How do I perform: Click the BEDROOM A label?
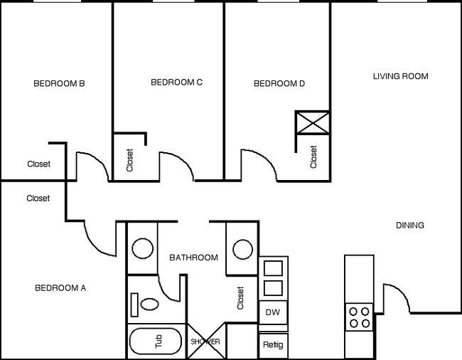[60, 288]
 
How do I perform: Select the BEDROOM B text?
[60, 83]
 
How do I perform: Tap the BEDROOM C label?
[177, 83]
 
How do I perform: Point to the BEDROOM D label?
[279, 84]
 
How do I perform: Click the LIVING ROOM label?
[400, 75]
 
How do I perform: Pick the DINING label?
[409, 226]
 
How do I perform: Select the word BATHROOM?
[193, 258]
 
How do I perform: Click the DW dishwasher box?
[272, 312]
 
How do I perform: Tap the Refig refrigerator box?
[272, 345]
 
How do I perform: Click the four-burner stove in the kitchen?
[360, 317]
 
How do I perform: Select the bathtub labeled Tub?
[157, 342]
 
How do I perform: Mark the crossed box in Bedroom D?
[313, 122]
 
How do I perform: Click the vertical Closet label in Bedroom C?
[129, 160]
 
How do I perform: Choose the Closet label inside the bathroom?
[241, 298]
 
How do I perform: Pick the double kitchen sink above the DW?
[273, 278]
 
